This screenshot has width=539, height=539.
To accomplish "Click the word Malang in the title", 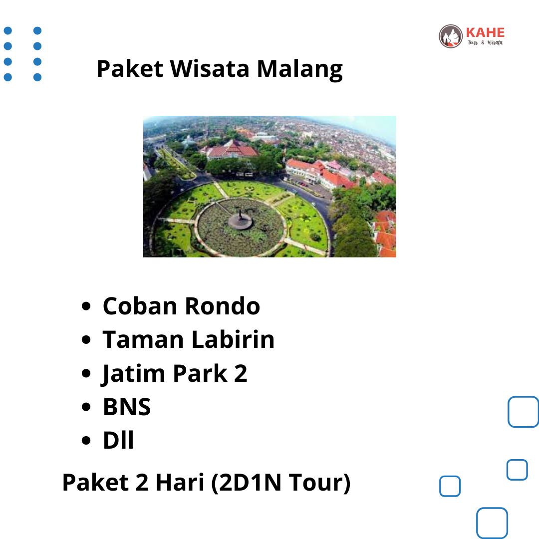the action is pyautogui.click(x=300, y=69).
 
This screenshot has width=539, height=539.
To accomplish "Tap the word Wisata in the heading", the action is pyautogui.click(x=210, y=69).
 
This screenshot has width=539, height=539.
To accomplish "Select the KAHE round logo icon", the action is pyautogui.click(x=451, y=36).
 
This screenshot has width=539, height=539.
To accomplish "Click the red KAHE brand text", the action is pyautogui.click(x=485, y=32).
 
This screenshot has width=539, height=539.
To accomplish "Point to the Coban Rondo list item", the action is pyautogui.click(x=181, y=306).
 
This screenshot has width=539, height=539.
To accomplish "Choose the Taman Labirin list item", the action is pyautogui.click(x=188, y=339).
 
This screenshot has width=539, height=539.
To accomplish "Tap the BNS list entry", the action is pyautogui.click(x=127, y=407).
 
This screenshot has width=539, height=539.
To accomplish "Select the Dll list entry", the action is pyautogui.click(x=118, y=440).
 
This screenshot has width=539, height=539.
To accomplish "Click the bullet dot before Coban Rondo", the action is pyautogui.click(x=86, y=306).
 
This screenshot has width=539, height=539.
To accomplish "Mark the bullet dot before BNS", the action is pyautogui.click(x=86, y=407).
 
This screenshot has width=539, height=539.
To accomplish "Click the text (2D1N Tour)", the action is pyautogui.click(x=281, y=483).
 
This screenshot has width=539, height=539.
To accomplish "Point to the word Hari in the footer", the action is pyautogui.click(x=180, y=482).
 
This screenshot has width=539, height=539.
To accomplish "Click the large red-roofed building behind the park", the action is pyautogui.click(x=233, y=150).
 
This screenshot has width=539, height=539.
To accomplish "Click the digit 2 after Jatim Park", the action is pyautogui.click(x=241, y=373).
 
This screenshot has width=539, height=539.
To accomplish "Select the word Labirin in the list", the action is pyautogui.click(x=233, y=339).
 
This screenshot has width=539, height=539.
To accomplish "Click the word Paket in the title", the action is pyautogui.click(x=130, y=69).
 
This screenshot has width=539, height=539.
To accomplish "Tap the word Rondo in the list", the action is pyautogui.click(x=223, y=306).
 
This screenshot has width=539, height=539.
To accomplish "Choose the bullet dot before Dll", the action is pyautogui.click(x=86, y=440).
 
